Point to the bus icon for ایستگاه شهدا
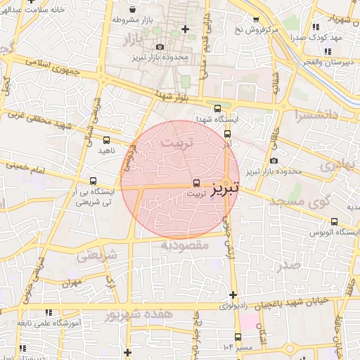click(x=217, y=108)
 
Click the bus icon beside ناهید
click(x=106, y=140)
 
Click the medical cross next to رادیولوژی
click(x=233, y=295)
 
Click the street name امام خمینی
click(x=27, y=169)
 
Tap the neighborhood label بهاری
click(x=338, y=165)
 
